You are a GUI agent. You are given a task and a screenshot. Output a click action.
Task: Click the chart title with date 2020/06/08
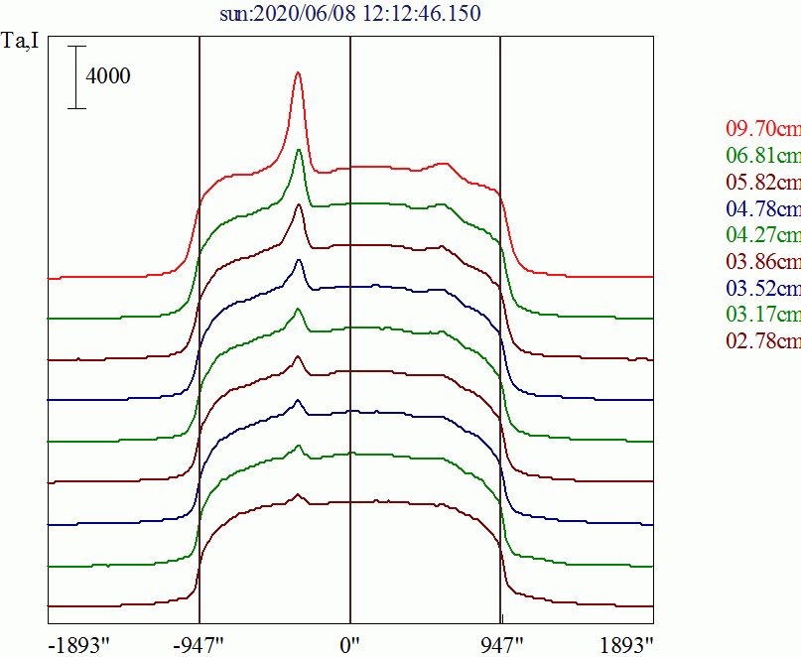coord(350,14)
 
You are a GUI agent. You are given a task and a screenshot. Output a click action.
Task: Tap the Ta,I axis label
coord(22,45)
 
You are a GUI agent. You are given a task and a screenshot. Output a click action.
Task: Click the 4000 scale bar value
coord(108,76)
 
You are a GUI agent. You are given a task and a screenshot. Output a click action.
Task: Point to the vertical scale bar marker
coord(77,76)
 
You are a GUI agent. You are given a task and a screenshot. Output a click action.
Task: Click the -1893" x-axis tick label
coord(79,643)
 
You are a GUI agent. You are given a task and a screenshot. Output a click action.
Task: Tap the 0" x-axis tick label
coord(351,643)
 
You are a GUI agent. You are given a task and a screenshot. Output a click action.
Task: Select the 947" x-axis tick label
coord(502,643)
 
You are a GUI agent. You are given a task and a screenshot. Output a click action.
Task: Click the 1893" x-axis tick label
coord(626,643)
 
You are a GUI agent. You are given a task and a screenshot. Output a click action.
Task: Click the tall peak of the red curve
coord(298,73)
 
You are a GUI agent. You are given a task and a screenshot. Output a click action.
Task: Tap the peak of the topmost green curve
coord(299,150)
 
